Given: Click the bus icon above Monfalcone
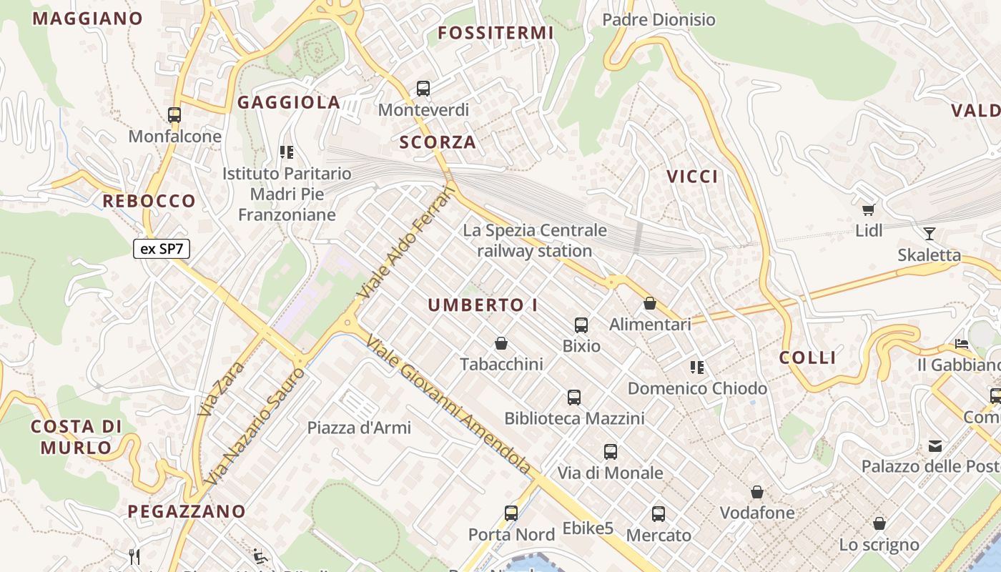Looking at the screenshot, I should [x=174, y=114].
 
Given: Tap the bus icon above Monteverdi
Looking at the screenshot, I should [x=423, y=89].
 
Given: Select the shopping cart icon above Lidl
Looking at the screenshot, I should [x=869, y=209].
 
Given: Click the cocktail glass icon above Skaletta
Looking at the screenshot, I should [x=929, y=233].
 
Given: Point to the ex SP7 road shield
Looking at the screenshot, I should [x=161, y=249].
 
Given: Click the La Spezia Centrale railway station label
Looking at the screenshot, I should [x=535, y=241].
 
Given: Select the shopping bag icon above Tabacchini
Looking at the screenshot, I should [x=501, y=343].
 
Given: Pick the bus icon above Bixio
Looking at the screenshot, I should [x=581, y=325].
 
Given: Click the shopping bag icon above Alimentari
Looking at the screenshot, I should [x=650, y=303].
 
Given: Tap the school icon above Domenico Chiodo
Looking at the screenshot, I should [x=697, y=368].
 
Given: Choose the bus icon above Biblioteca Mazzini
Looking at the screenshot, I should [x=574, y=398].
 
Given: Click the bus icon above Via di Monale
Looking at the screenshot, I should [x=610, y=452].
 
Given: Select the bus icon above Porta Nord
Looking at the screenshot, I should [x=511, y=513].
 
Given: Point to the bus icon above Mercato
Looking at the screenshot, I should [x=659, y=514].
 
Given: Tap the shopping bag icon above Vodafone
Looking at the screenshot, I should [x=757, y=492].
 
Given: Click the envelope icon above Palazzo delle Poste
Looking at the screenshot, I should [x=935, y=446].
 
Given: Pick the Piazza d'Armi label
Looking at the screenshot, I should [x=359, y=428].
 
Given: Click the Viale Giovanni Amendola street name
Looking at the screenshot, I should [x=448, y=405].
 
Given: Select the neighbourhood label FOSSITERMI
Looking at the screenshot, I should [x=495, y=33].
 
